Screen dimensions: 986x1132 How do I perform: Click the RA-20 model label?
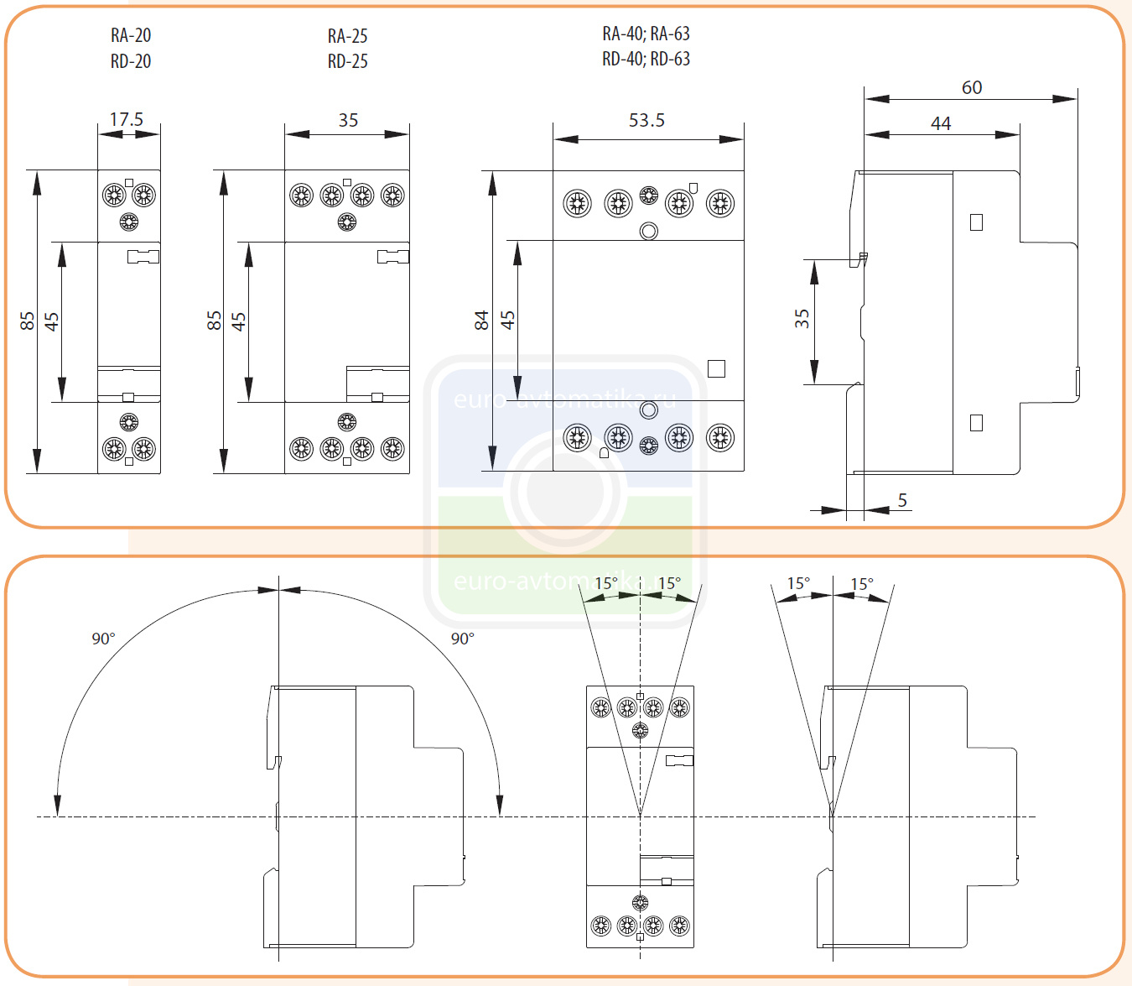pos(131,35)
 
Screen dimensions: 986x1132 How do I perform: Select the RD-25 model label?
pos(347,61)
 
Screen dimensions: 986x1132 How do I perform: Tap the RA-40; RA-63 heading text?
pos(646,34)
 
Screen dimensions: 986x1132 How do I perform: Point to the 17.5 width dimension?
pos(127,119)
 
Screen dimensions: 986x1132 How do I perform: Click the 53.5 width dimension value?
pos(646,120)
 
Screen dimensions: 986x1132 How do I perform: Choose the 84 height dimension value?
pos(481,320)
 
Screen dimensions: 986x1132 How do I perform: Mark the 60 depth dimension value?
pos(972,87)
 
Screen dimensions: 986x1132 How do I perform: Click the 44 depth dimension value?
pos(941,123)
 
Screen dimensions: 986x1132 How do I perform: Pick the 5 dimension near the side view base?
pos(902,500)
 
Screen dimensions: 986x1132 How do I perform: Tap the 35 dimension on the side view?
pos(802,318)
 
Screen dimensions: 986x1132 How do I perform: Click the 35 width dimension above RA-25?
pos(348,120)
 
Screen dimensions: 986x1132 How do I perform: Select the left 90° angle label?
pos(103,639)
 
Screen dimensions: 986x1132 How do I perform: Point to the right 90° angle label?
pos(462,639)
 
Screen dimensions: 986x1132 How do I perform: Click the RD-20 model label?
pos(131,61)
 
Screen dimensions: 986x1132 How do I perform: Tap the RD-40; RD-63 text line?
pos(646,59)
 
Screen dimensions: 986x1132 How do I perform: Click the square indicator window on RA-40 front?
pos(716,368)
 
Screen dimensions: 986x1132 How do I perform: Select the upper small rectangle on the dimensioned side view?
pos(976,222)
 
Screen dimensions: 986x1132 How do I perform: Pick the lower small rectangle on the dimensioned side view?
pos(976,423)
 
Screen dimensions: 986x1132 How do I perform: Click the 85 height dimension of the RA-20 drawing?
pos(28,321)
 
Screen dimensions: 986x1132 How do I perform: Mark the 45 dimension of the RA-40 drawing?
pos(507,320)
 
